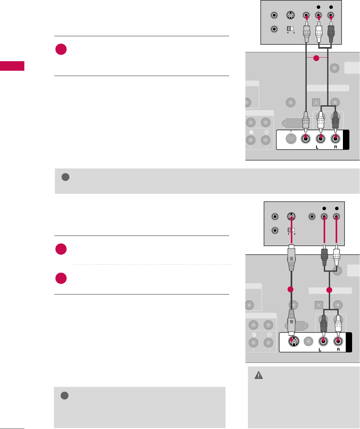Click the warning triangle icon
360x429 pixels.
[259, 375]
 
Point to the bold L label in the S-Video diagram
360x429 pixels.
[320, 350]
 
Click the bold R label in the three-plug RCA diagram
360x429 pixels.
[336, 147]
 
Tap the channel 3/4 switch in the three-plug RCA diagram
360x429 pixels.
[290, 29]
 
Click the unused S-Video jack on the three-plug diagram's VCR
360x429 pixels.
[290, 15]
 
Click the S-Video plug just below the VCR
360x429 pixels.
[291, 258]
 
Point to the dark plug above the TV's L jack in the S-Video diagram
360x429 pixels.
[324, 324]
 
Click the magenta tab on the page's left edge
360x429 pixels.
[12, 66]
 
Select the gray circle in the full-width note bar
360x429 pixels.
[65, 177]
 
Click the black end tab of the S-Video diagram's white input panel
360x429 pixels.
[349, 342]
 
